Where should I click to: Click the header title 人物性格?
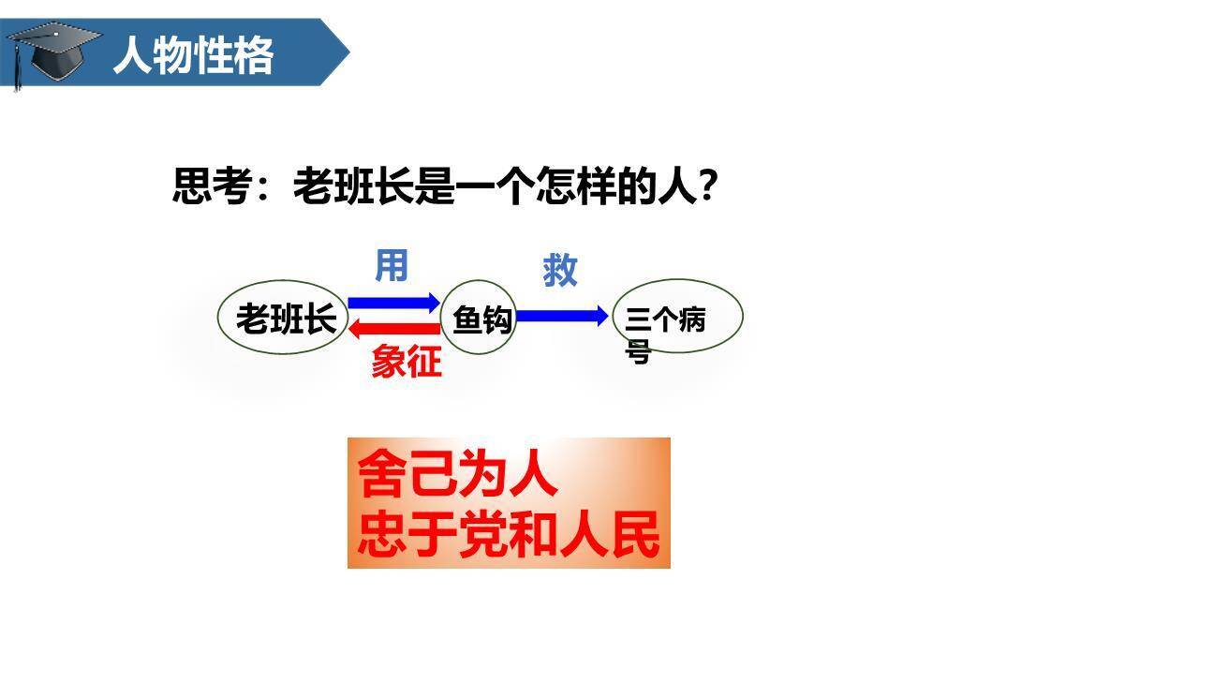click(x=193, y=55)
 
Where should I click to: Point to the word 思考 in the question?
click(x=213, y=186)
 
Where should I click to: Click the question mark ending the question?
click(x=709, y=186)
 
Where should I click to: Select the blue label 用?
click(x=392, y=266)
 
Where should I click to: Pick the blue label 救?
click(x=560, y=271)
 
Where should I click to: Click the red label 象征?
click(x=406, y=362)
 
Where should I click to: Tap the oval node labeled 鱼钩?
click(x=479, y=319)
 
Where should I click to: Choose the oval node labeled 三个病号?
click(x=677, y=317)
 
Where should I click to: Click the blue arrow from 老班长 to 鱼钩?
click(x=393, y=302)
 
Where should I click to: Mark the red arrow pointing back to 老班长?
click(x=393, y=329)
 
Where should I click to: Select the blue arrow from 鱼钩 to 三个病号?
click(x=562, y=316)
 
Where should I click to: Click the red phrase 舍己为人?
click(x=457, y=474)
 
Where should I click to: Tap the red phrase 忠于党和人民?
click(x=509, y=535)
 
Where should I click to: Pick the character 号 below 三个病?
click(x=638, y=353)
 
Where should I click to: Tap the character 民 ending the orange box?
click(x=636, y=535)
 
